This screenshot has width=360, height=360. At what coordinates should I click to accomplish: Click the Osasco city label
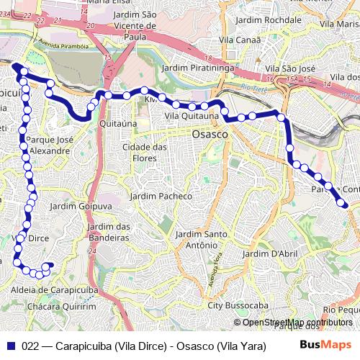tap(210, 135)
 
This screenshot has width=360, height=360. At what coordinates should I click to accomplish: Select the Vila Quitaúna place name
tap(191, 115)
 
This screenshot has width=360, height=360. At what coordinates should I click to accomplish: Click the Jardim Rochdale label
tap(264, 20)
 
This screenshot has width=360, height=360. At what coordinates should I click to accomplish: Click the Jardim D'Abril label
tap(270, 253)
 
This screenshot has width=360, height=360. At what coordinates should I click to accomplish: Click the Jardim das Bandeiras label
tap(108, 232)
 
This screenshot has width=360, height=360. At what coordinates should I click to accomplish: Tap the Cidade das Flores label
tap(145, 153)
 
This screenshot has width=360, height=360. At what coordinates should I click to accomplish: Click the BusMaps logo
tap(326, 344)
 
